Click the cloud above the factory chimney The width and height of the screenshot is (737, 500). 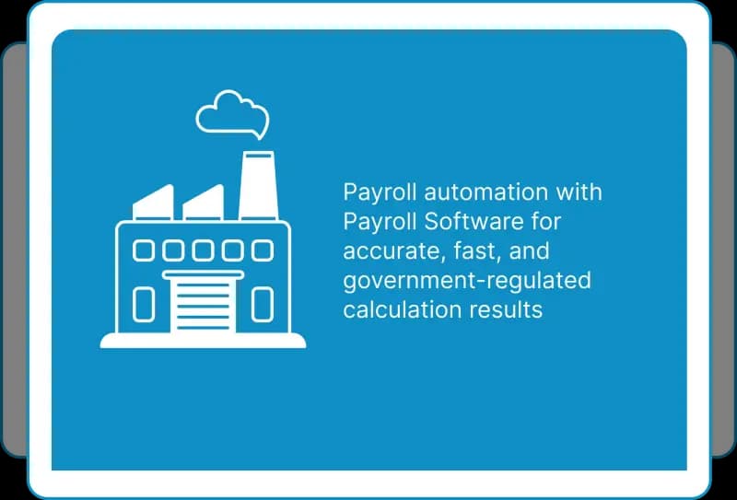coord(197,118)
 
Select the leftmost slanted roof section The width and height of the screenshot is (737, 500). coord(153,203)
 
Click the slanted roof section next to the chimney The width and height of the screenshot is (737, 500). coord(203,203)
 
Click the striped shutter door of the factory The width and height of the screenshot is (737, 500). coord(203,303)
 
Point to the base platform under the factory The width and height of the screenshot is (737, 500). coord(203,341)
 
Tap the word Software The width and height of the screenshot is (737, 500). coord(474,221)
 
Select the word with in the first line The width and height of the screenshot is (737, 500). coord(579,192)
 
